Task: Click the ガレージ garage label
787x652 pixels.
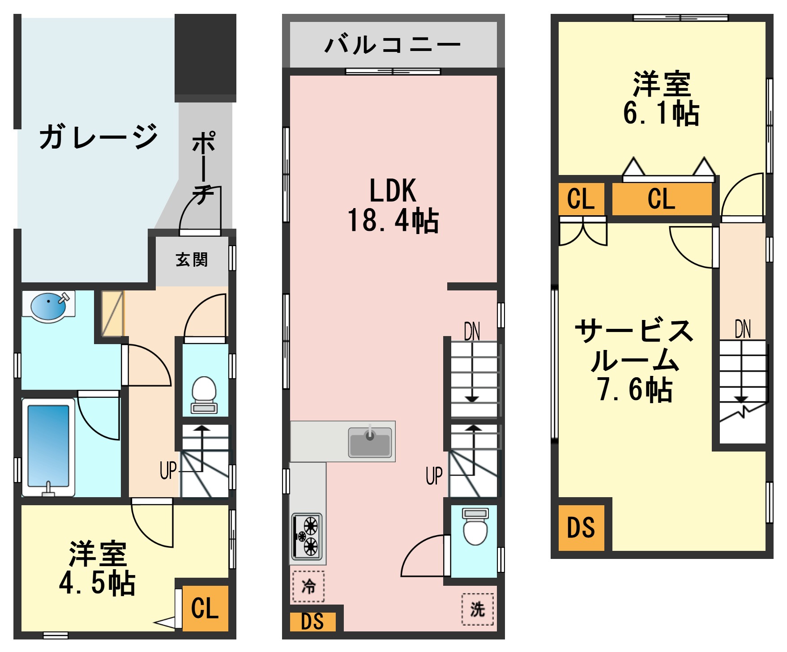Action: click(x=98, y=136)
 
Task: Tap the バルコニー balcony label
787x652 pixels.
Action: click(x=393, y=45)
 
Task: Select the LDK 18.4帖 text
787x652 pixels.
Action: click(x=393, y=205)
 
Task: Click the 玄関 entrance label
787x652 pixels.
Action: click(x=192, y=260)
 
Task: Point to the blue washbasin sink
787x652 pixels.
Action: click(x=48, y=306)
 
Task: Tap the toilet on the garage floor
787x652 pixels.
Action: click(x=204, y=394)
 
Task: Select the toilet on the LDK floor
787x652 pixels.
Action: click(x=475, y=528)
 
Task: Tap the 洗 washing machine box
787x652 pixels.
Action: click(x=477, y=609)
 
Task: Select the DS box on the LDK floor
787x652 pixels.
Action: click(x=312, y=622)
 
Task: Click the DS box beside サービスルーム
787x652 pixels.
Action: click(x=581, y=528)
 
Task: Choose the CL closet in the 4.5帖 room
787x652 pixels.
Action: click(x=205, y=608)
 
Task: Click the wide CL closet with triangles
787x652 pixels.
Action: click(x=661, y=199)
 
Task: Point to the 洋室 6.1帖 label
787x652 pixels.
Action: click(x=661, y=98)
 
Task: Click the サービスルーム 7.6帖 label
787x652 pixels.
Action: click(x=635, y=360)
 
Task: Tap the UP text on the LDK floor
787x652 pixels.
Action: click(x=434, y=476)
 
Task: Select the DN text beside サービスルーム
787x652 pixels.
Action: click(x=743, y=329)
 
